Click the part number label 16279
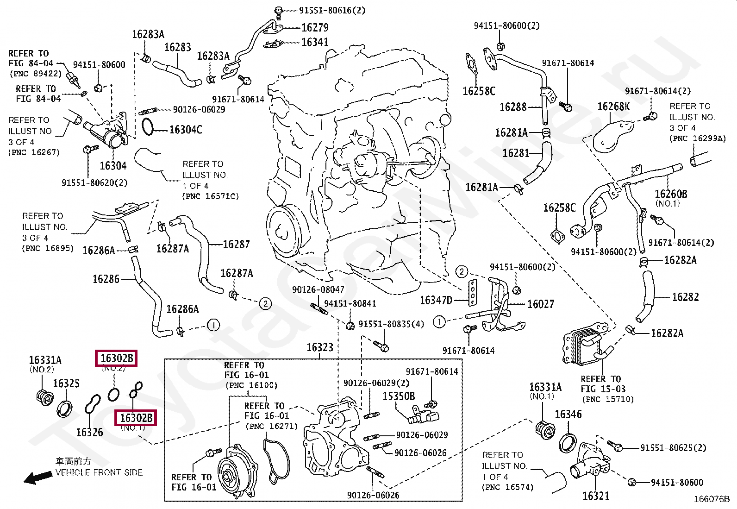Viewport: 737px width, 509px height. [x=315, y=27]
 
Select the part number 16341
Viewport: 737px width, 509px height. [x=315, y=42]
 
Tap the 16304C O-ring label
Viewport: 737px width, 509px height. [x=186, y=130]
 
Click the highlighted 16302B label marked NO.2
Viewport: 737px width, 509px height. [x=117, y=358]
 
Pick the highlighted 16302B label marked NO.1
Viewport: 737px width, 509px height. [x=136, y=418]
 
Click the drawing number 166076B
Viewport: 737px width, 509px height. [x=711, y=499]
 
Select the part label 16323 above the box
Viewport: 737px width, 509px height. [x=320, y=347]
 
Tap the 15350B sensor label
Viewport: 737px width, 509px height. [x=398, y=396]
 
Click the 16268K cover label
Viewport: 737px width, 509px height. [x=613, y=107]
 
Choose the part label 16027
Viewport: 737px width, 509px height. [x=541, y=304]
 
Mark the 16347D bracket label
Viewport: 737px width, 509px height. [x=436, y=301]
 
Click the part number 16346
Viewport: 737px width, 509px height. [x=568, y=415]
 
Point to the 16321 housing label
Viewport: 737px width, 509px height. [x=596, y=496]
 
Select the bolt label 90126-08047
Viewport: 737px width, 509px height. [x=318, y=289]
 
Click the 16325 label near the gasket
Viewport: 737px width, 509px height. [x=66, y=383]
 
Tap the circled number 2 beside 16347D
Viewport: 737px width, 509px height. [x=462, y=271]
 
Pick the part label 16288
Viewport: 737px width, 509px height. [x=513, y=107]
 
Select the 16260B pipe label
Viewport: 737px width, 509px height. [x=671, y=194]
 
